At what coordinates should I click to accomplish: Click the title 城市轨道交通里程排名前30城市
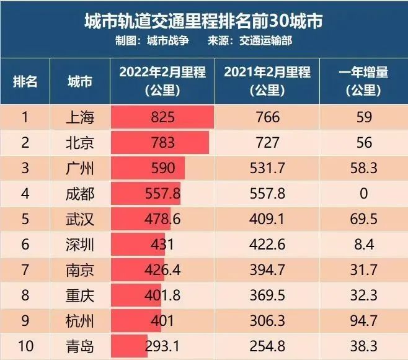pos(203,21)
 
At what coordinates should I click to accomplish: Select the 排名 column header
pos(25,81)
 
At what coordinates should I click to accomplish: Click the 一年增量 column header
pos(364,81)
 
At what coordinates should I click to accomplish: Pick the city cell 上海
pos(79,117)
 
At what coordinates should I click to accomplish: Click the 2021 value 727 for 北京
pos(267,143)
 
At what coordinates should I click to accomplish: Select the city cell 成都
pos(79,194)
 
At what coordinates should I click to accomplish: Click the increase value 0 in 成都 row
pos(364,194)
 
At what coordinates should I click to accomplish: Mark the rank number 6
pos(25,245)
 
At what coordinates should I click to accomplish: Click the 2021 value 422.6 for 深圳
pos(267,245)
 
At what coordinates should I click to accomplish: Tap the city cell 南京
pos(79,270)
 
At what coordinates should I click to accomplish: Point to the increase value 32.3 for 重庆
pos(364,295)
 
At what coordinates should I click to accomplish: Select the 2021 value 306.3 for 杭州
pos(267,321)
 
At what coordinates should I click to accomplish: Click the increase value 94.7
pos(364,321)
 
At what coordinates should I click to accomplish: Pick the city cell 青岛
pos(79,346)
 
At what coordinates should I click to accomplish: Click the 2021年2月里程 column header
pos(267,81)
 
